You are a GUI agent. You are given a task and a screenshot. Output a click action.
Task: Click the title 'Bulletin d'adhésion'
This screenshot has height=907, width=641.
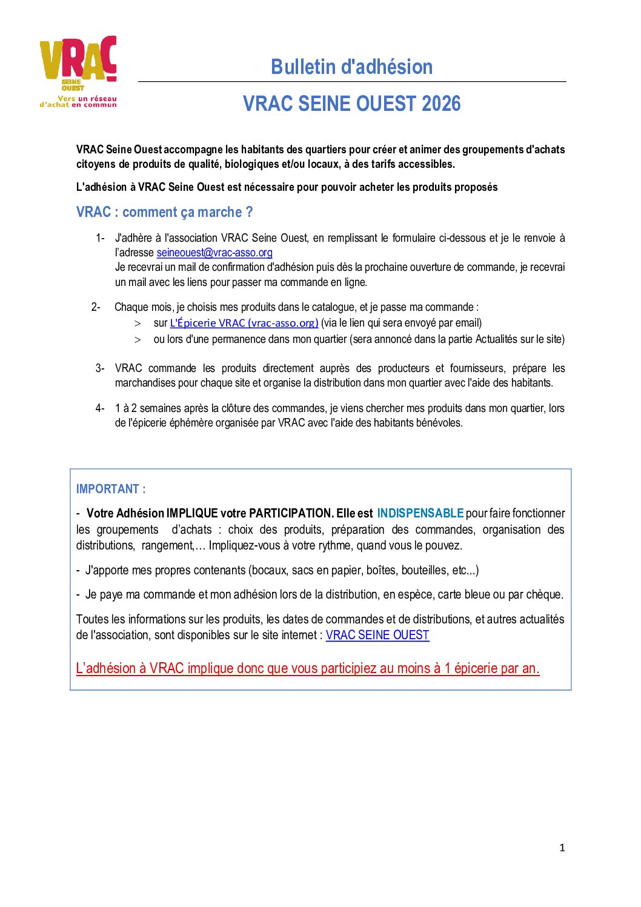351,67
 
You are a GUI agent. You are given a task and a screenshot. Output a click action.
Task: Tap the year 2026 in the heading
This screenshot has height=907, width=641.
441,104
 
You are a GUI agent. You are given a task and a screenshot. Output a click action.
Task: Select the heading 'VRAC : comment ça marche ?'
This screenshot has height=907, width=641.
164,212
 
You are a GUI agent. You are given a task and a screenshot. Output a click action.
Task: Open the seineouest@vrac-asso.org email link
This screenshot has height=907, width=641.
214,253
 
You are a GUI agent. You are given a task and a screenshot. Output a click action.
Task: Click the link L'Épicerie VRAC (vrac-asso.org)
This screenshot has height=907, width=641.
244,323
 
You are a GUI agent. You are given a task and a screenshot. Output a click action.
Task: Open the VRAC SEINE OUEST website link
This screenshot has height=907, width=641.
377,635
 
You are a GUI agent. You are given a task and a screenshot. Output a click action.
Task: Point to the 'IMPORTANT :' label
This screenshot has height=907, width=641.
111,489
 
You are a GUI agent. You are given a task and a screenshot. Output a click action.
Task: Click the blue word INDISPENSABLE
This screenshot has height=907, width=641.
420,513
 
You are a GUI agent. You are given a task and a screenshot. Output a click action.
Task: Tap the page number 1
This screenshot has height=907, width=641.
562,848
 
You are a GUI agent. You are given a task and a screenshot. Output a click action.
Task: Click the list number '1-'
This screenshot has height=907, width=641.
100,238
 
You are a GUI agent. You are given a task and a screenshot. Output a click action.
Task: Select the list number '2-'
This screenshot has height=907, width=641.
96,307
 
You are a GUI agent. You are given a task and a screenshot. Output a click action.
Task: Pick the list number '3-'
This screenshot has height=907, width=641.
100,368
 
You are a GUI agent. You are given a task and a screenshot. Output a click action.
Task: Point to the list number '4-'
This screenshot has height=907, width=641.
100,408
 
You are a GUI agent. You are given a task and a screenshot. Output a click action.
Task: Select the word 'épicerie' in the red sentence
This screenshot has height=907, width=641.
477,668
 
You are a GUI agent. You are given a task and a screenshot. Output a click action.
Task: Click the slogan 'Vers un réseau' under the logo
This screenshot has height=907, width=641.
87,98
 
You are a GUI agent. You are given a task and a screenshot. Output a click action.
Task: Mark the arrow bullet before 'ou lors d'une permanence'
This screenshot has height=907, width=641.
138,340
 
